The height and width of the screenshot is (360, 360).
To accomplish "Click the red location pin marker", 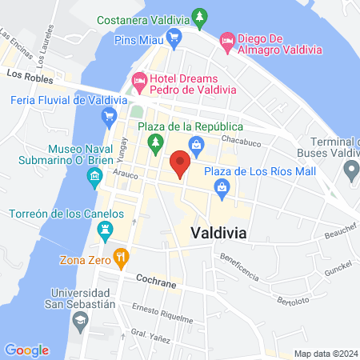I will click(x=180, y=163).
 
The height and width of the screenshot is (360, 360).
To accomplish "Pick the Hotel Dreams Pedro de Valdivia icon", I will click(x=138, y=80).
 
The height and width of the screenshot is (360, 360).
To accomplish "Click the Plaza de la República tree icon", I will click(x=155, y=142).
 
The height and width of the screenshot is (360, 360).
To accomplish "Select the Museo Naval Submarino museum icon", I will click(x=95, y=175).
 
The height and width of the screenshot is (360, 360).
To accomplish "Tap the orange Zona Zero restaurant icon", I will click(x=122, y=258).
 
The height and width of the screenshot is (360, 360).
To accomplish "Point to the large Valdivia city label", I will click(x=218, y=232).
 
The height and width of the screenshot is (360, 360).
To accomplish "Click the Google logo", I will click(x=26, y=350).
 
